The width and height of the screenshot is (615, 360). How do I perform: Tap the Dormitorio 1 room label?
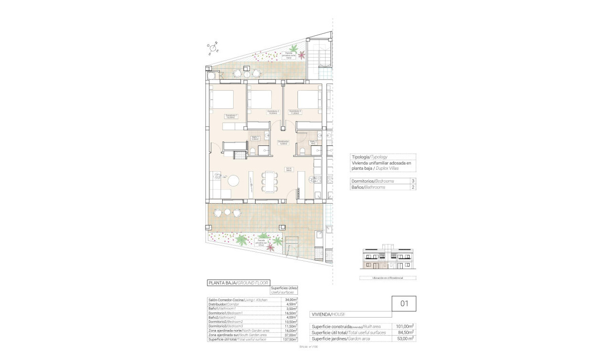[x=231, y=116]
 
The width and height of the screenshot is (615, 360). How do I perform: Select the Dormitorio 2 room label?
[x=273, y=112]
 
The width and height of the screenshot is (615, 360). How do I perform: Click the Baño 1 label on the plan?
[x=256, y=138]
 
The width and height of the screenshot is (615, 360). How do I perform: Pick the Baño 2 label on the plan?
[x=313, y=142]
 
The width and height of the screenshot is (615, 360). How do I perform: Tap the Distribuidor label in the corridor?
[x=283, y=143]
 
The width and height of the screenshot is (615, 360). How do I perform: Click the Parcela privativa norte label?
[x=289, y=55]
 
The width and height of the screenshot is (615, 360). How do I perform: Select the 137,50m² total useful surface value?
[x=289, y=339]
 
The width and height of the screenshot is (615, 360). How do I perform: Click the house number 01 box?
[x=404, y=303]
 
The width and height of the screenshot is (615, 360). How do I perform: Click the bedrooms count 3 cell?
[x=413, y=181]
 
